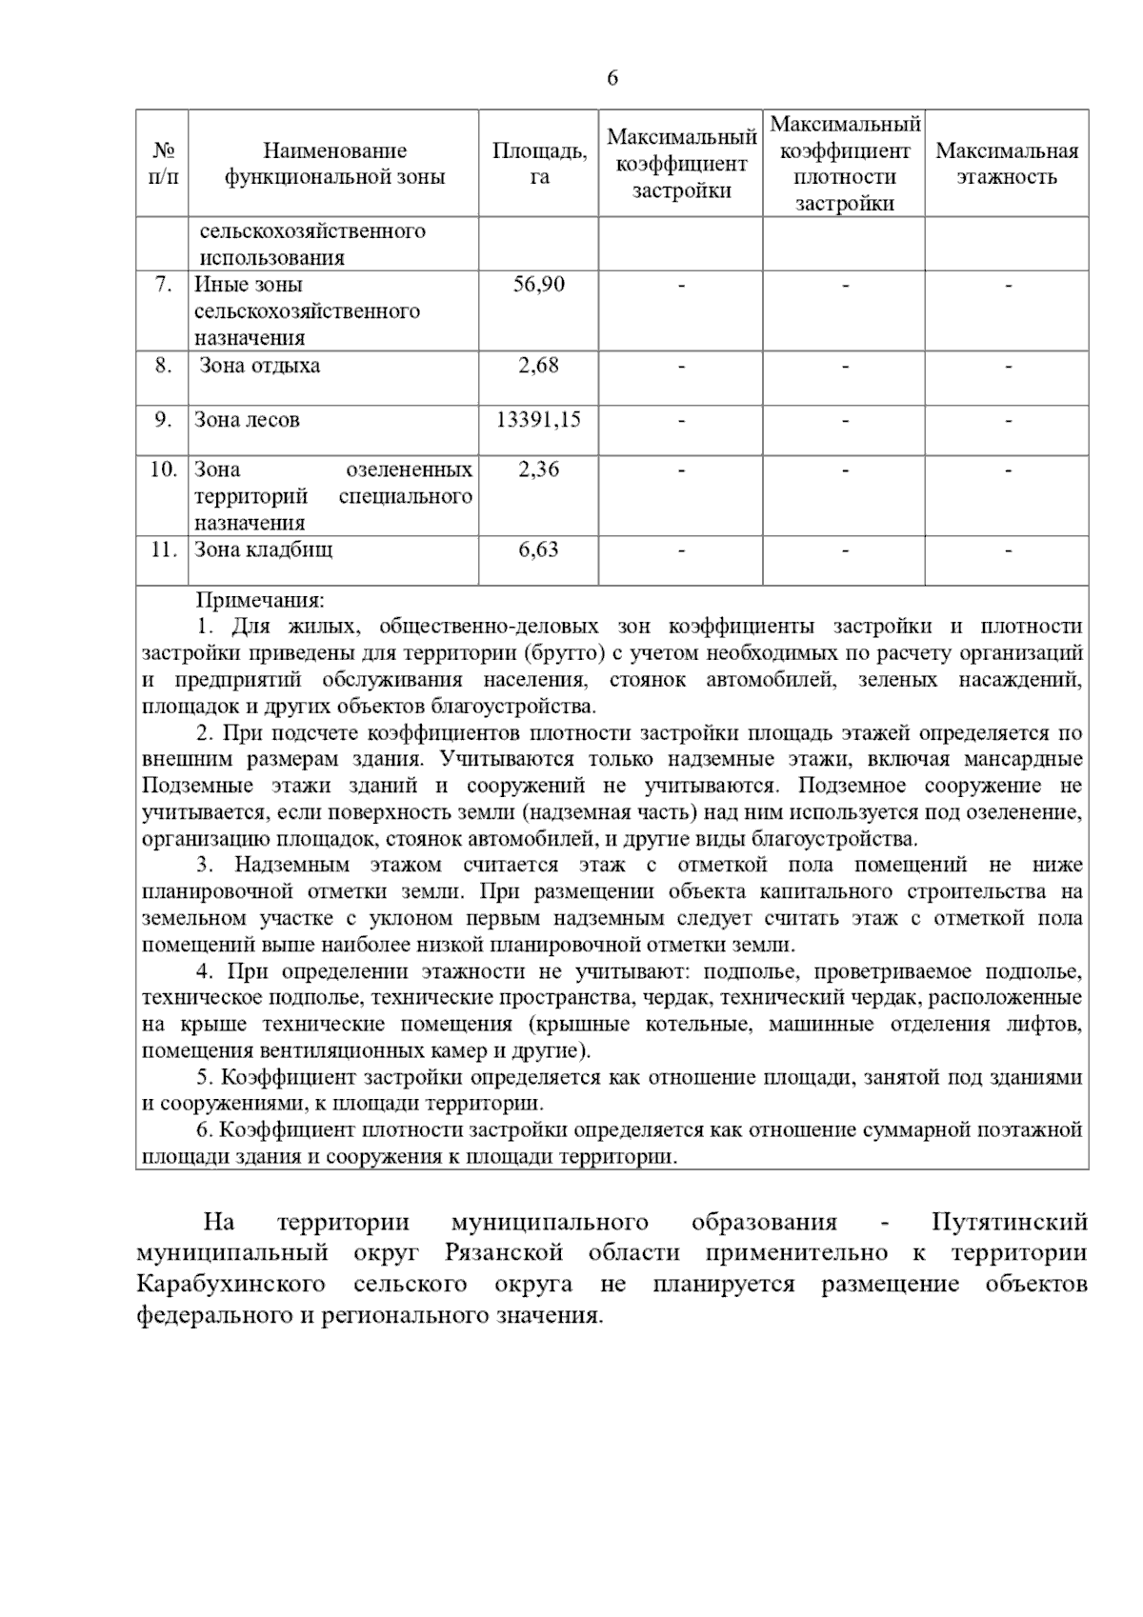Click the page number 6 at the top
coord(612,78)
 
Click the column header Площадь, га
coord(539,164)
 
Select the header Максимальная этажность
coord(1007,164)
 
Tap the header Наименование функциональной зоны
coord(334,164)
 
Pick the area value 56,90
coord(539,285)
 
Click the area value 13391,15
coord(539,420)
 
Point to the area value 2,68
coord(539,366)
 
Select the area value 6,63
coord(539,549)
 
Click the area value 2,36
coord(539,469)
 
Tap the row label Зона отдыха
coord(259,366)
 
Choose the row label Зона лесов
coord(247,420)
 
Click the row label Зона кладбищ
coord(264,549)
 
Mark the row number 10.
coord(163,469)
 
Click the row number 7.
coord(164,285)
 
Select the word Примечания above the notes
coord(260,601)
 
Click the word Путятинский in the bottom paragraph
coord(1009,1223)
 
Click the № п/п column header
coord(163,164)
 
